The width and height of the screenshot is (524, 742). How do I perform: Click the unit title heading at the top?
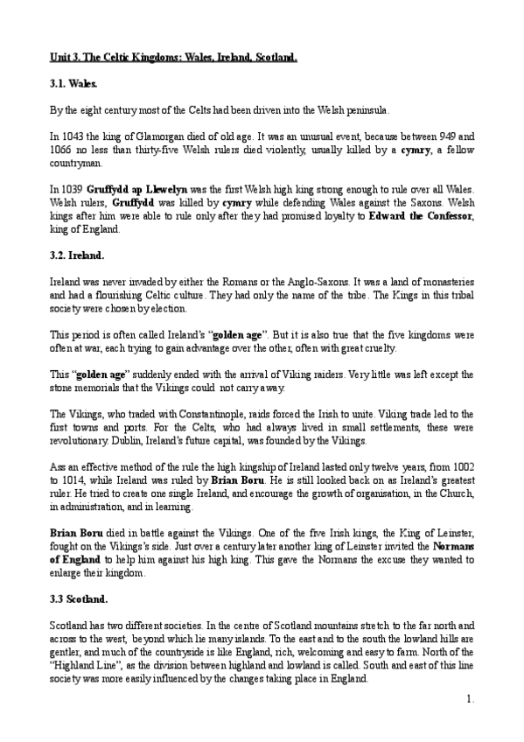173,58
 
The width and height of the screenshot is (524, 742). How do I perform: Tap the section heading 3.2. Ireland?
78,255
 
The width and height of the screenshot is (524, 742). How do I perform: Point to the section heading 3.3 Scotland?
80,599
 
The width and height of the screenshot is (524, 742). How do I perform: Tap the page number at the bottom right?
470,698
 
